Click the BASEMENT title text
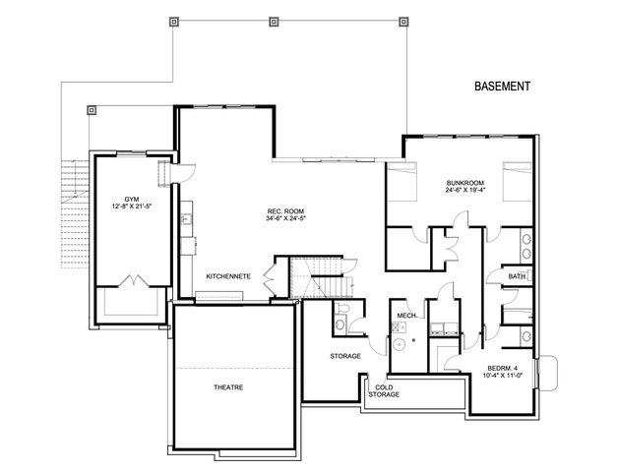502,87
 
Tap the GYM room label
131,197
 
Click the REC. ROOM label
284,210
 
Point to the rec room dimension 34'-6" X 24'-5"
284,218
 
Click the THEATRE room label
228,386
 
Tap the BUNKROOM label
462,182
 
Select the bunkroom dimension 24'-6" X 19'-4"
462,190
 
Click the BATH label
517,276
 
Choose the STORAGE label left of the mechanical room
344,355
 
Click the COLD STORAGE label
384,390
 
